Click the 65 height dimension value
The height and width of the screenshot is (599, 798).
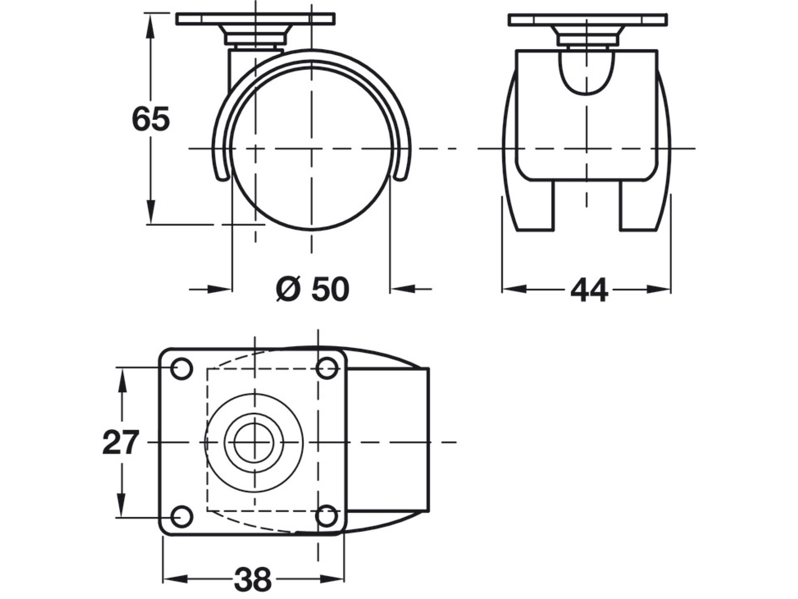[151, 119]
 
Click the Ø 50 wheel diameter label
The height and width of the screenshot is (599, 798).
[313, 289]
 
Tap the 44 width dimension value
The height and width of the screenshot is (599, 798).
[589, 290]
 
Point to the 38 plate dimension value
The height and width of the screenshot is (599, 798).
[252, 579]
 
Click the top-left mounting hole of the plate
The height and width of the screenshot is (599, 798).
[181, 368]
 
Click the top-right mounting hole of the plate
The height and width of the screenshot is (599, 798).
[328, 368]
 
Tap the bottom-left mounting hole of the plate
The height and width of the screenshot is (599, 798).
[181, 516]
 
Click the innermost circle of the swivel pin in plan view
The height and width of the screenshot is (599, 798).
[254, 442]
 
